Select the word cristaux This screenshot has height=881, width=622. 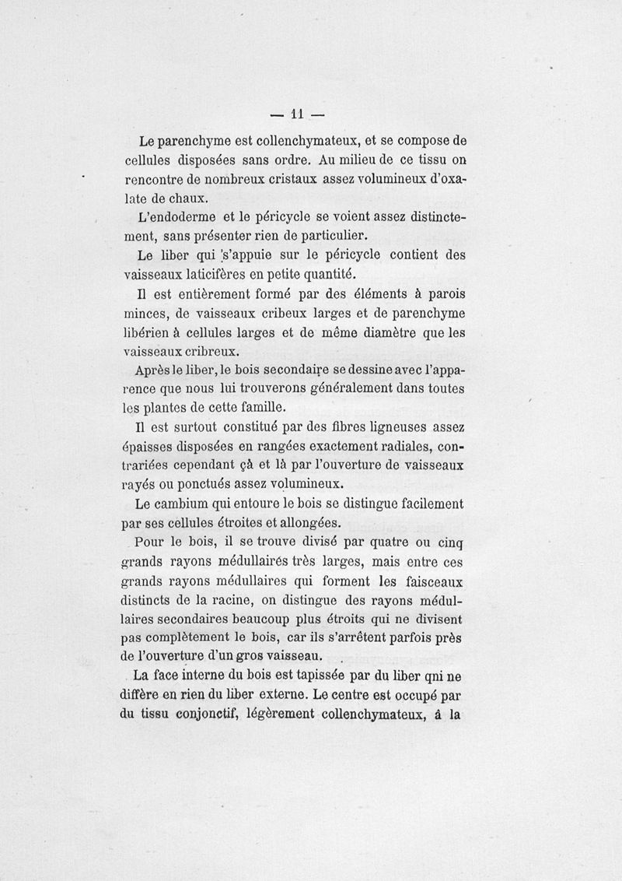click(x=303, y=180)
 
